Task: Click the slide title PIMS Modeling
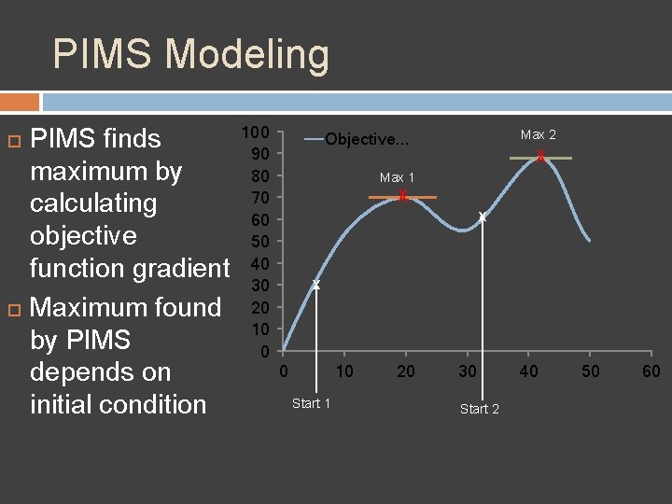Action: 190,54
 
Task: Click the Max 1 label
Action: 397,177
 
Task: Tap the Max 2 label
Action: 539,135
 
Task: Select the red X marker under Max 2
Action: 540,158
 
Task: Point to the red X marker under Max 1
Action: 402,196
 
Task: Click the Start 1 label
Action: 311,403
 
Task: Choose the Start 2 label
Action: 480,409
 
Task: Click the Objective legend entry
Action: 366,139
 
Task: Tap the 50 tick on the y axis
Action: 260,242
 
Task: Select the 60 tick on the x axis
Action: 651,371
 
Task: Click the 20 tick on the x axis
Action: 405,371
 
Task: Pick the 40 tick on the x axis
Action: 529,371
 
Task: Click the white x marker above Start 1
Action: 315,284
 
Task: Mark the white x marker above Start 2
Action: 482,217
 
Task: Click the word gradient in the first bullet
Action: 182,269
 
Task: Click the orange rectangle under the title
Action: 20,102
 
